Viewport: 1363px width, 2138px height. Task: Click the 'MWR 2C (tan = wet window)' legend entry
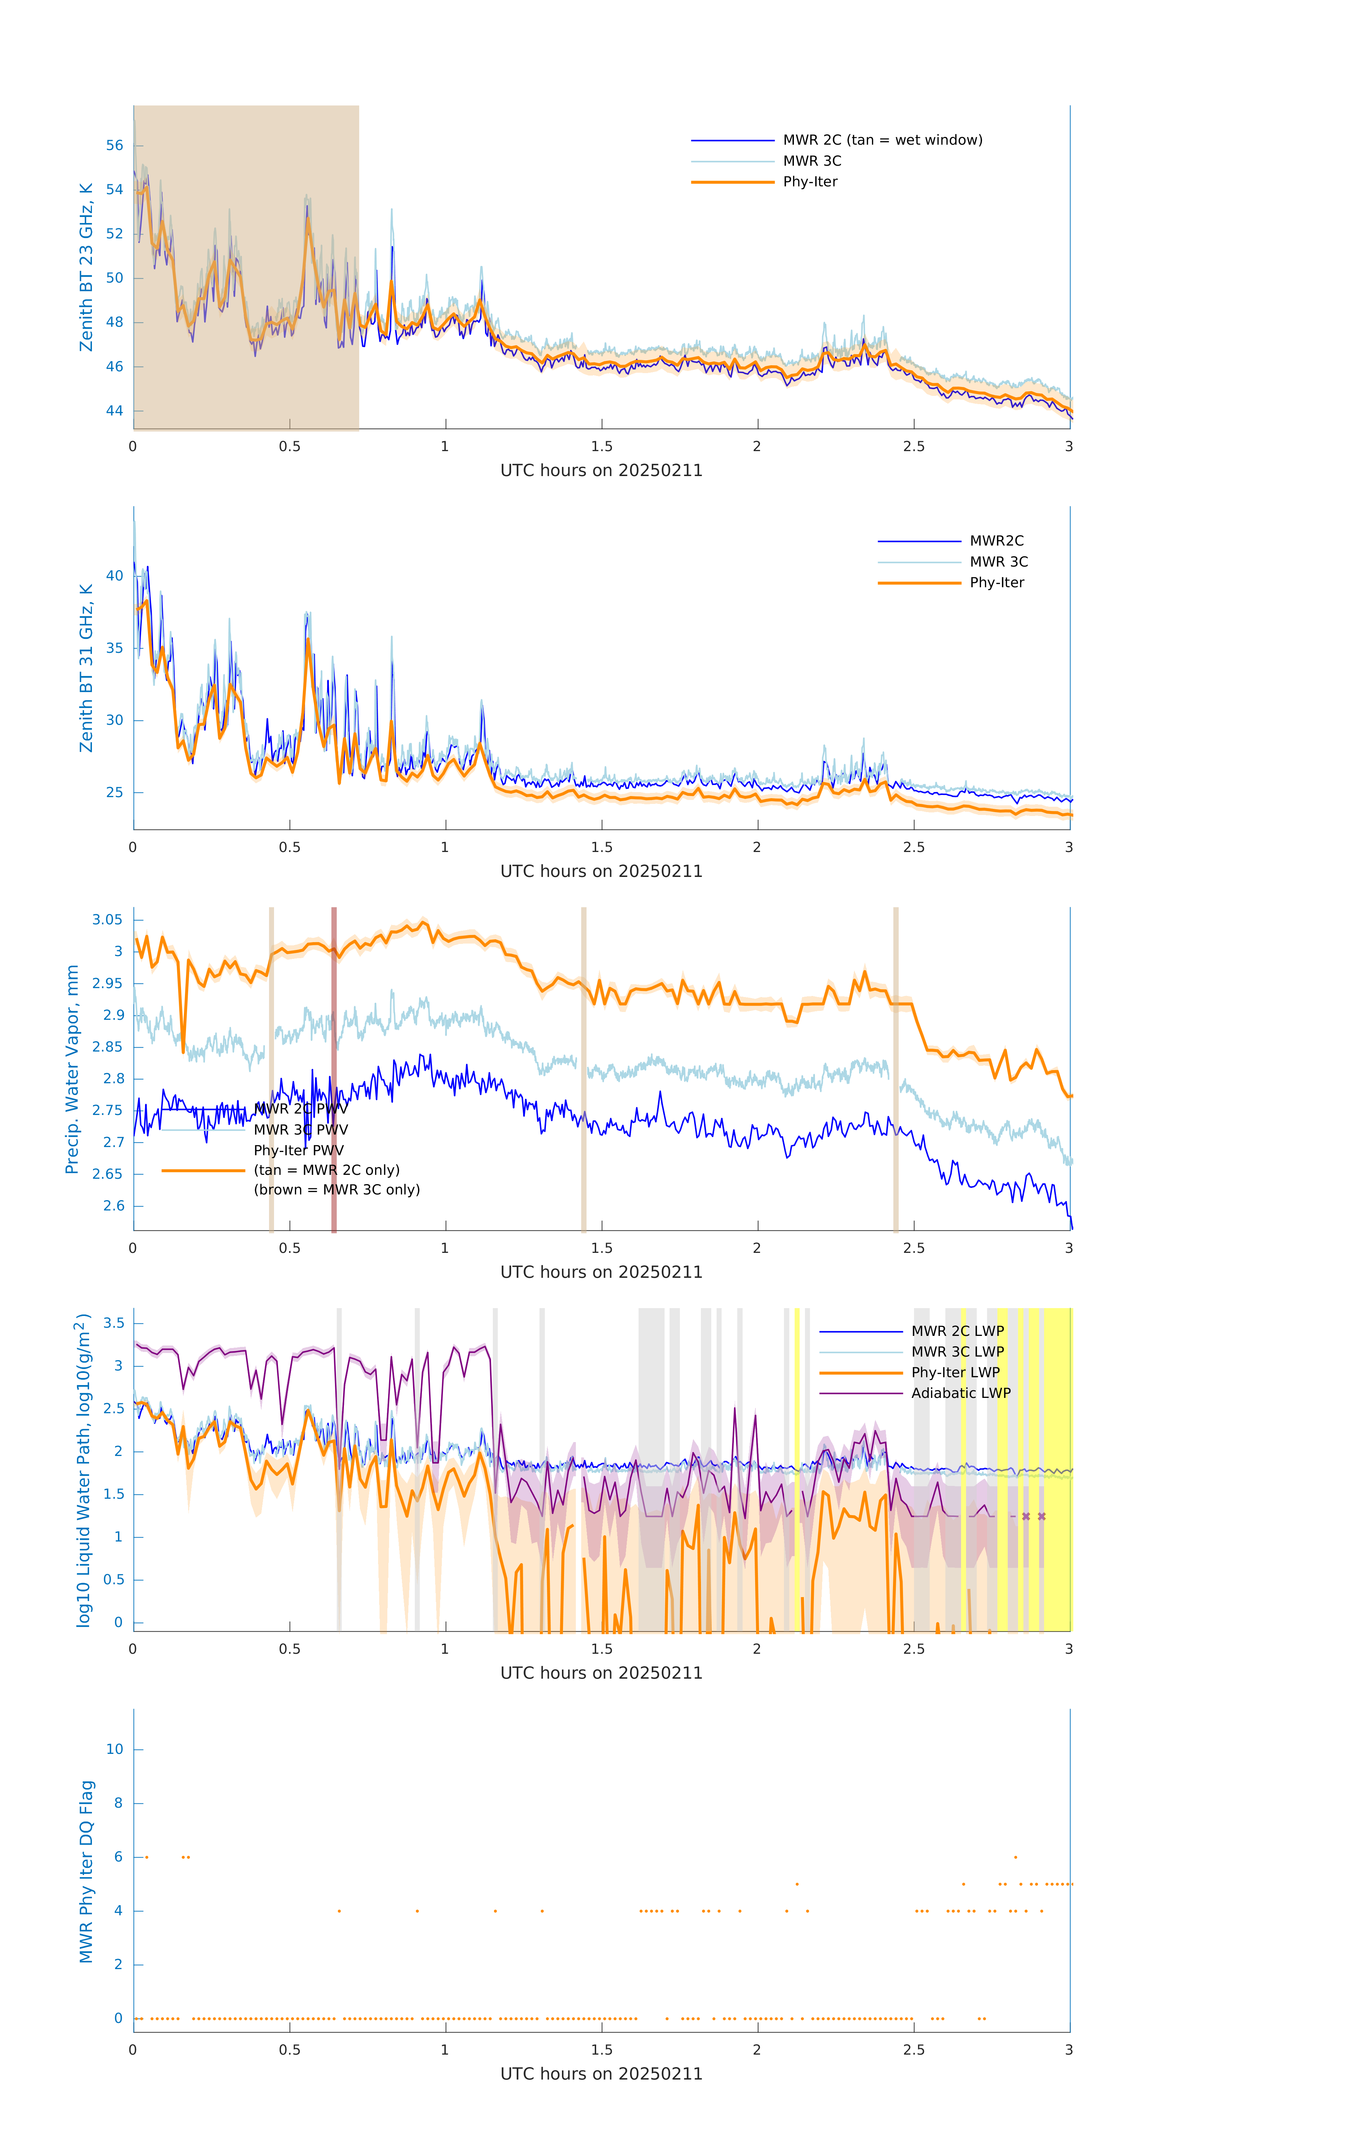882,140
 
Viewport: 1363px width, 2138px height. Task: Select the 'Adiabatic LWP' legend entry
960,1393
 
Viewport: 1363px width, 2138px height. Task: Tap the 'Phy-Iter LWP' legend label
955,1373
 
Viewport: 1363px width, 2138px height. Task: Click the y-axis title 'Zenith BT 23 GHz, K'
86,267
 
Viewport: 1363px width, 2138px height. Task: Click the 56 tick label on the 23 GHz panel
114,146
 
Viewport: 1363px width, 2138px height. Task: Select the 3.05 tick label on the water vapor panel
108,920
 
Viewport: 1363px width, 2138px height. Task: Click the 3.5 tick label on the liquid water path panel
114,1323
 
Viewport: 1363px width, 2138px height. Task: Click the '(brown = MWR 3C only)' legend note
336,1190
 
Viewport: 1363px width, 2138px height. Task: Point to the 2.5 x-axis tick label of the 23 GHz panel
914,446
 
